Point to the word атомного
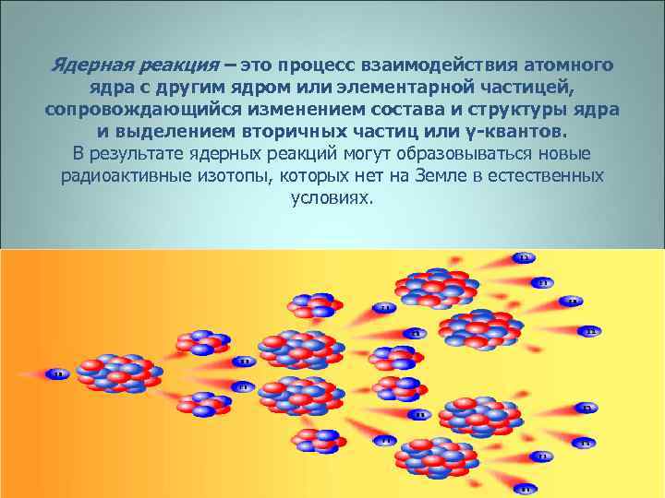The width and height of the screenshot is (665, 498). [x=575, y=67]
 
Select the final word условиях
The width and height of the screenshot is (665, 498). [x=332, y=197]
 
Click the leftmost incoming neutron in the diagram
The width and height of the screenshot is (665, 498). [x=57, y=374]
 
